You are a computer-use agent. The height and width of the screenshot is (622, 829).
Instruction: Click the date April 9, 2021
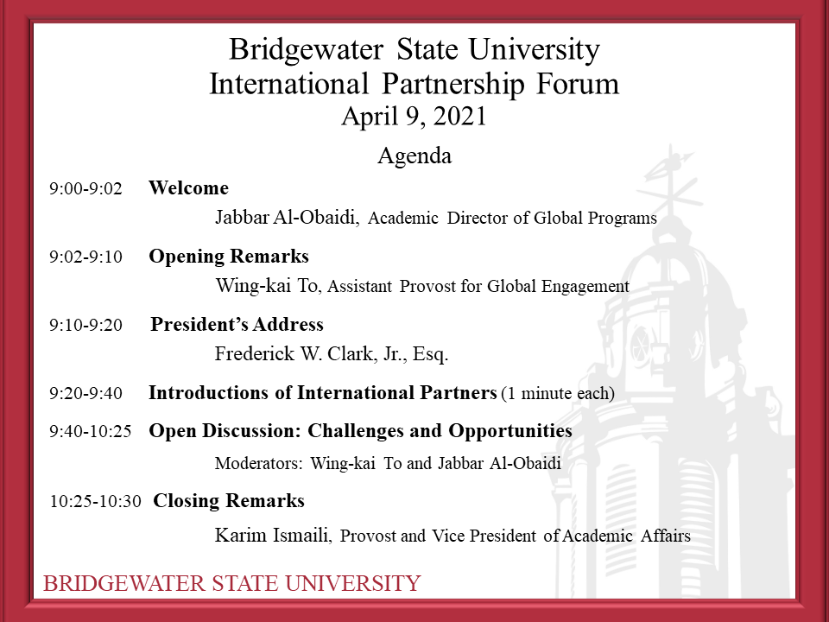(414, 117)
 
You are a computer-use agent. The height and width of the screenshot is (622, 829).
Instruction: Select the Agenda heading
(414, 156)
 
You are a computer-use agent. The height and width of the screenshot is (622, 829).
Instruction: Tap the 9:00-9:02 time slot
(85, 188)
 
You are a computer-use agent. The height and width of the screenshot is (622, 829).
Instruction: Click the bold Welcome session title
(189, 187)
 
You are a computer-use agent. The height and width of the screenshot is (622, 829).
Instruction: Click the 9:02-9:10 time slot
(85, 257)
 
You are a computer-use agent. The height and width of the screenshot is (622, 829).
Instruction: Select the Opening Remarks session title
(229, 257)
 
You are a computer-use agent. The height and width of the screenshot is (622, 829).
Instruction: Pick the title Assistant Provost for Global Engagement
(478, 286)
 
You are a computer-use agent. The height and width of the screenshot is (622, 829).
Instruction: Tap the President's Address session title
(237, 324)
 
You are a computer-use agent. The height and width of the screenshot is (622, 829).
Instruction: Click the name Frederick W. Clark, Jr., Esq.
(332, 354)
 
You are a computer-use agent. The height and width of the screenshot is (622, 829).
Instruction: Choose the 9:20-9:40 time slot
(85, 394)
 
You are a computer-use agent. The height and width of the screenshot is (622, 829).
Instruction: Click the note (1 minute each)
(558, 394)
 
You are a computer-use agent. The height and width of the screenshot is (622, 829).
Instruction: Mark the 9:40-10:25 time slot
(91, 432)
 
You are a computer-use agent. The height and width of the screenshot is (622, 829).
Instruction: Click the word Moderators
(258, 463)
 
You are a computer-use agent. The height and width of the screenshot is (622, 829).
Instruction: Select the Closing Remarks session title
(229, 500)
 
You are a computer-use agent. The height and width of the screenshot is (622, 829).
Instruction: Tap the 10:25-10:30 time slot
(96, 501)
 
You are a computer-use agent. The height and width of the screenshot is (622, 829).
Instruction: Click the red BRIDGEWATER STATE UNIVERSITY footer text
(232, 583)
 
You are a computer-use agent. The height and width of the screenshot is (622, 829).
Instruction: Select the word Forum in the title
(578, 84)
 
